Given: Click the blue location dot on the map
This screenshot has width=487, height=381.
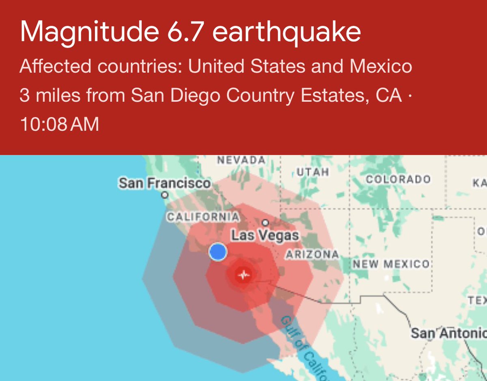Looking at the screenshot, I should coord(218,252).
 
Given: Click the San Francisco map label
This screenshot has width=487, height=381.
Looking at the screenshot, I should coord(165,183).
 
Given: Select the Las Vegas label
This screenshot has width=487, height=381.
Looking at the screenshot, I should coord(265,235).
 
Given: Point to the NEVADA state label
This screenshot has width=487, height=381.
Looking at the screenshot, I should coord(241,160).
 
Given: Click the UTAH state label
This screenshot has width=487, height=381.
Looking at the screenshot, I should coord(312,172).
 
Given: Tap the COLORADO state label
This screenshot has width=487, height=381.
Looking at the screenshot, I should coord(398,179).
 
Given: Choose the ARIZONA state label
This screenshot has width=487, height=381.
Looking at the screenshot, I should coord(312,254).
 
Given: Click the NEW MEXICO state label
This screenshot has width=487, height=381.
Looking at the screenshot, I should coord(391,265).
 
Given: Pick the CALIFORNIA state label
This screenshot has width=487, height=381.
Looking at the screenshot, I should coord(203,217).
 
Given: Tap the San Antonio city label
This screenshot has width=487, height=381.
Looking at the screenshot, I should coord(448,334).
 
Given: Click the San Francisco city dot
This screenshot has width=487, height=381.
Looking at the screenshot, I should coord(165,195).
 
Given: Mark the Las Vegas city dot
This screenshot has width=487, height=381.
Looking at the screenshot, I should coord(265,222).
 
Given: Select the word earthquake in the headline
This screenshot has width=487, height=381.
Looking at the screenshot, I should coord(287,32).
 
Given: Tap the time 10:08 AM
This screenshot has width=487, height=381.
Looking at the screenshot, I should coord(59,124).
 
